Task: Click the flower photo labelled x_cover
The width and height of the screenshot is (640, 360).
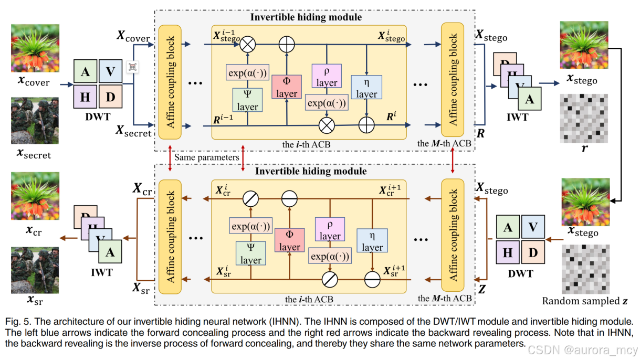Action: (x=35, y=47)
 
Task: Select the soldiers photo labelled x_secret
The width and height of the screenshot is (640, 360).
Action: (x=35, y=120)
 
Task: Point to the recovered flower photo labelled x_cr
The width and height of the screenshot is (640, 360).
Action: (x=35, y=196)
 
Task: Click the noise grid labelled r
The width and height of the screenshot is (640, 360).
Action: (x=584, y=118)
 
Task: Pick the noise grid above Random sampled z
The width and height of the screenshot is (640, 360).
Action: (x=584, y=268)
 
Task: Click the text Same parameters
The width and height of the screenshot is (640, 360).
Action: (x=206, y=157)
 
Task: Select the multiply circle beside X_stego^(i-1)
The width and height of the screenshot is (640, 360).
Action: (x=247, y=45)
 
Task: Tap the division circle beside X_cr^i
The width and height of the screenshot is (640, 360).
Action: (x=250, y=198)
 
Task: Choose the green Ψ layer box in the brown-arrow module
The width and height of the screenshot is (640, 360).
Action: (x=250, y=253)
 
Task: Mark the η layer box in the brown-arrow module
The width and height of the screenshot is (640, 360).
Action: (x=372, y=241)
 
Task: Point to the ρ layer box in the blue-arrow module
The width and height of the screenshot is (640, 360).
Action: (x=326, y=76)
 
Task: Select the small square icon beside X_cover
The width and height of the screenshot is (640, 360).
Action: (x=132, y=67)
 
